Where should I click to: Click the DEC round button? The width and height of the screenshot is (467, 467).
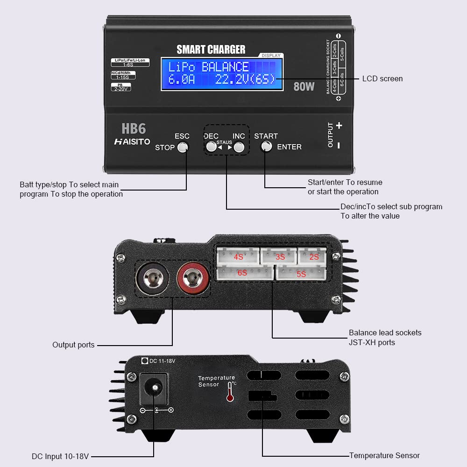coord(212,147)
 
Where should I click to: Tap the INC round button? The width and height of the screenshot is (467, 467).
coord(239,147)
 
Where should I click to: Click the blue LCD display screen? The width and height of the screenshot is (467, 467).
coord(222,73)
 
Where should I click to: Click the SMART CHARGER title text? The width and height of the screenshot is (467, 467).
coord(211,50)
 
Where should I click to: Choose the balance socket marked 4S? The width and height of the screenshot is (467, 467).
coord(239,256)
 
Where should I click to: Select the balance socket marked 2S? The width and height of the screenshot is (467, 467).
coord(314,256)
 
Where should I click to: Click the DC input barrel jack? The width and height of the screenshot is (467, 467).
coord(154,388)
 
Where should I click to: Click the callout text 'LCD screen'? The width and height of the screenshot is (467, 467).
coord(382,78)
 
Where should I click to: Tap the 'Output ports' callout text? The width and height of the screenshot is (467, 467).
coord(73,345)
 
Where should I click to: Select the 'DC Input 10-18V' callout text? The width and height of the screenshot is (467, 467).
coord(60,456)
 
